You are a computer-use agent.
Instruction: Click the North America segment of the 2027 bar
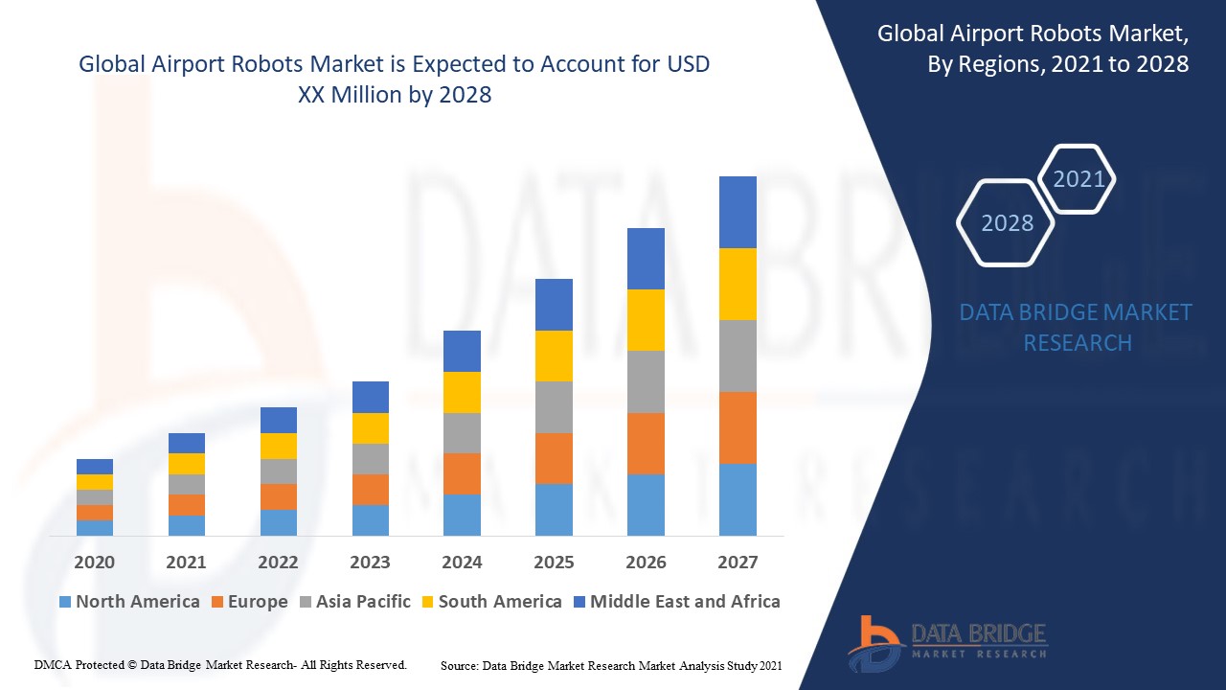point(738,499)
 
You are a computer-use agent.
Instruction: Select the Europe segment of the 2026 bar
point(646,444)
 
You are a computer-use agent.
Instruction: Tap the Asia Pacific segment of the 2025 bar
point(554,407)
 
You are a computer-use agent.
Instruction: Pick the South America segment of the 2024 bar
point(462,392)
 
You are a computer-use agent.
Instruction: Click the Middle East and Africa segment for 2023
point(371,397)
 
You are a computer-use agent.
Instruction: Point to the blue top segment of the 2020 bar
point(95,467)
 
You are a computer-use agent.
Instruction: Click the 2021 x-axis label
point(186,562)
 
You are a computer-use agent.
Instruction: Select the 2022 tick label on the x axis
point(278,562)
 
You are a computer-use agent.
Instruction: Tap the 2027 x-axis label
point(738,562)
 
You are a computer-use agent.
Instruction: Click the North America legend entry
point(129,602)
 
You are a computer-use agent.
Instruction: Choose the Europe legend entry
point(249,602)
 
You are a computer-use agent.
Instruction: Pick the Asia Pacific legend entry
point(354,602)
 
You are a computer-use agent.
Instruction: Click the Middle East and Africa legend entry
point(676,602)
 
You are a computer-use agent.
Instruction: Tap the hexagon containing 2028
point(1006,222)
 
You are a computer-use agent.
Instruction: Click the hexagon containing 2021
point(1078,178)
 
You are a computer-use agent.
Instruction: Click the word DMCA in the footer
point(52,664)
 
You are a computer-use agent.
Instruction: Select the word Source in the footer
point(460,664)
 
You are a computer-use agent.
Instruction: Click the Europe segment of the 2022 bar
point(279,496)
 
